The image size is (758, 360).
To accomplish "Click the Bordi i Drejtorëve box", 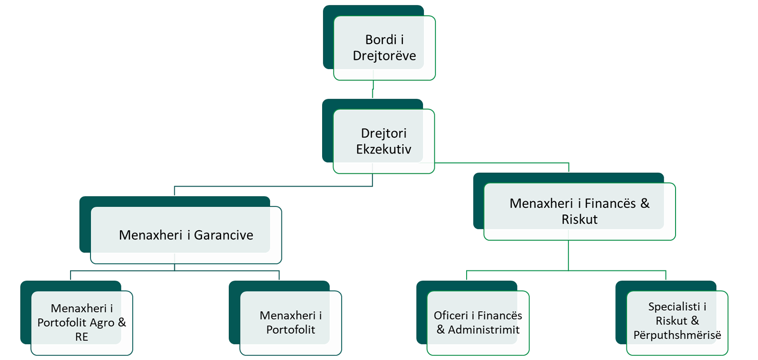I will pos(384,47).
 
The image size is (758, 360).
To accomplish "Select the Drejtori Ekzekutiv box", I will pos(383,141).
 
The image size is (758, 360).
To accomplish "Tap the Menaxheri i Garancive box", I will pos(186,235).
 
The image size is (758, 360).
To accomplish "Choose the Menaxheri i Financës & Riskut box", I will pos(579,211).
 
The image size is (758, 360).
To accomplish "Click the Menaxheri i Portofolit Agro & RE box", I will pos(81,323).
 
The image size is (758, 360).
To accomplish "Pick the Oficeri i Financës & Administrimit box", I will pos(478,323).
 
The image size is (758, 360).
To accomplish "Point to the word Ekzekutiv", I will pos(383,149).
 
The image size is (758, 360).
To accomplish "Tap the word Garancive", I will pos(224,235).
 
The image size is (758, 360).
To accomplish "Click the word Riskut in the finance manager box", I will pos(579,220).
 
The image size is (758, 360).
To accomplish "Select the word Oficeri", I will pos(451,315).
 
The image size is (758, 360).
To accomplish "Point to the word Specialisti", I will pos(674,307).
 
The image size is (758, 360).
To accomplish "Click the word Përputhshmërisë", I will pos(677,335).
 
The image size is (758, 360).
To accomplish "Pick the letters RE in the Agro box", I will pos(81,337).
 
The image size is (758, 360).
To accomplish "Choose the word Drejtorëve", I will pos(384,56).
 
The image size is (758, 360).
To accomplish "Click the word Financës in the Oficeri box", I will pos(499,315).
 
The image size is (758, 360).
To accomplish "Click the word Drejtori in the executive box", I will pos(383,133).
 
